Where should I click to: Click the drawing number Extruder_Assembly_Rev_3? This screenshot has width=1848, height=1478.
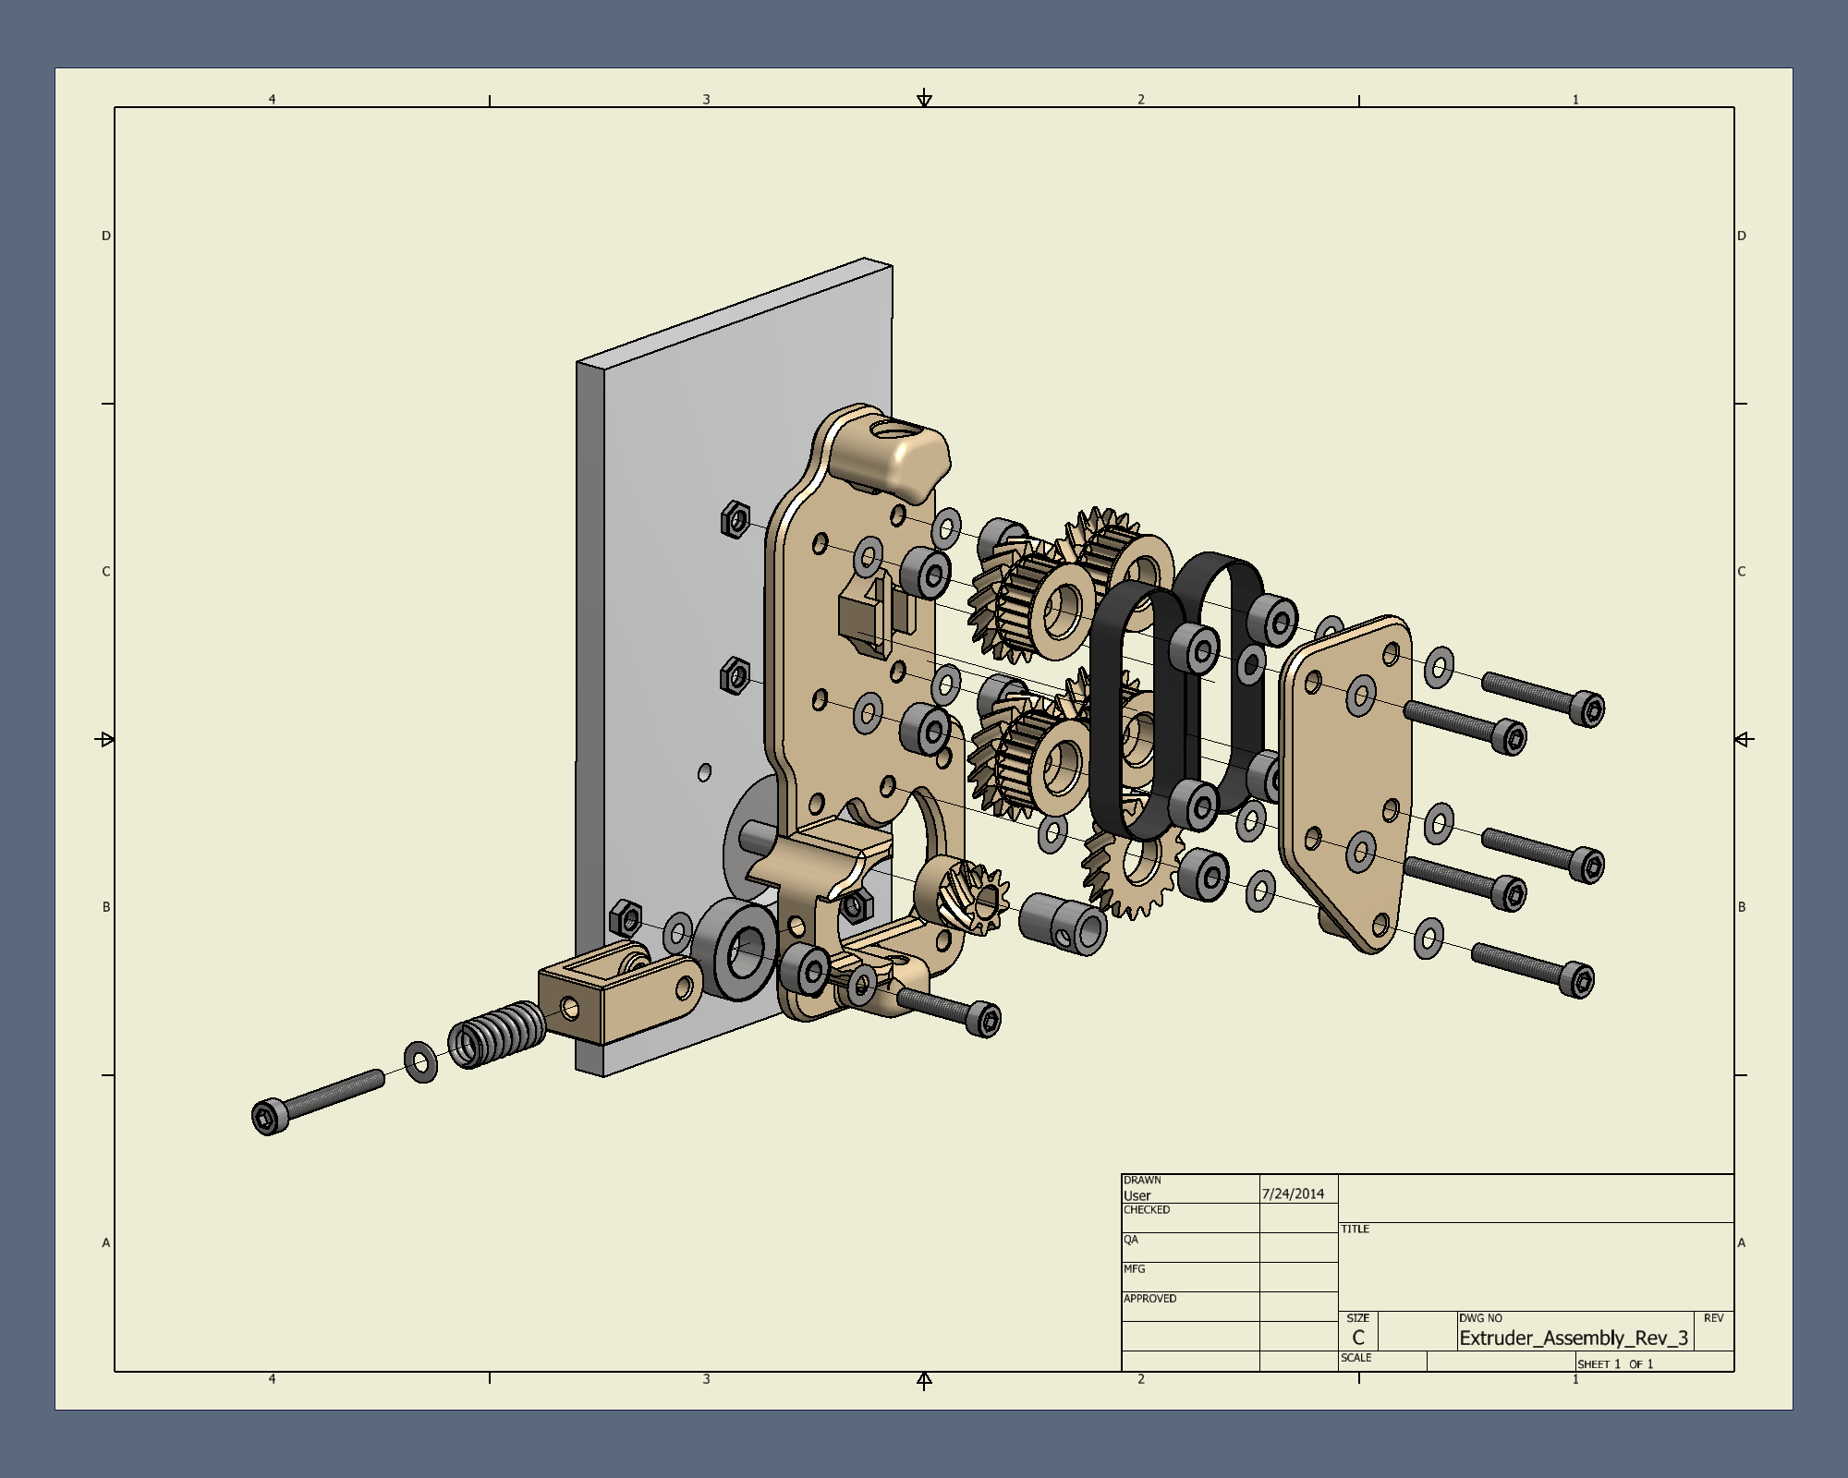(1574, 1338)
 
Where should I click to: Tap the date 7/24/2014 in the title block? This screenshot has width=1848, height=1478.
(1293, 1193)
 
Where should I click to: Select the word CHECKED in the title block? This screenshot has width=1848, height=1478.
(1147, 1209)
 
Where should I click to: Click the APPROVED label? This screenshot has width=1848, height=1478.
(1149, 1298)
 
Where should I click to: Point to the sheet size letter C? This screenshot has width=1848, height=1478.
(1358, 1338)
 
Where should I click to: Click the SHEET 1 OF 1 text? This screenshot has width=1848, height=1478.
(1615, 1363)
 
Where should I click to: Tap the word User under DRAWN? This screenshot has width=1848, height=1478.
(1137, 1195)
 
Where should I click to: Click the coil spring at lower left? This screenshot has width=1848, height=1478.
(497, 1034)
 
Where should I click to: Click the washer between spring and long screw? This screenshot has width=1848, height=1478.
(421, 1062)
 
